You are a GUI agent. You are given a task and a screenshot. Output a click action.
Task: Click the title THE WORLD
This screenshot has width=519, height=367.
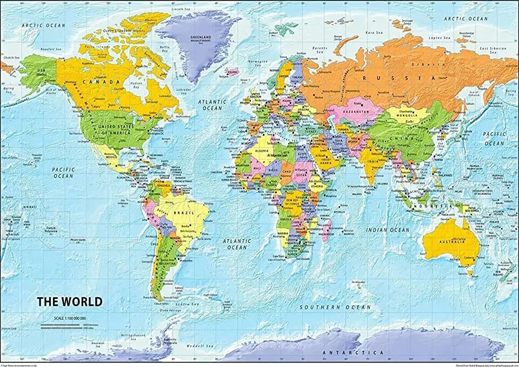tap(69, 300)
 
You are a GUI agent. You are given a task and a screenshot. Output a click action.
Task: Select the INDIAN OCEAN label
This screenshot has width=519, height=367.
tap(387, 230)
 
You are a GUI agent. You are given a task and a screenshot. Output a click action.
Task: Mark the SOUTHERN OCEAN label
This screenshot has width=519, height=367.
tap(336, 307)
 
